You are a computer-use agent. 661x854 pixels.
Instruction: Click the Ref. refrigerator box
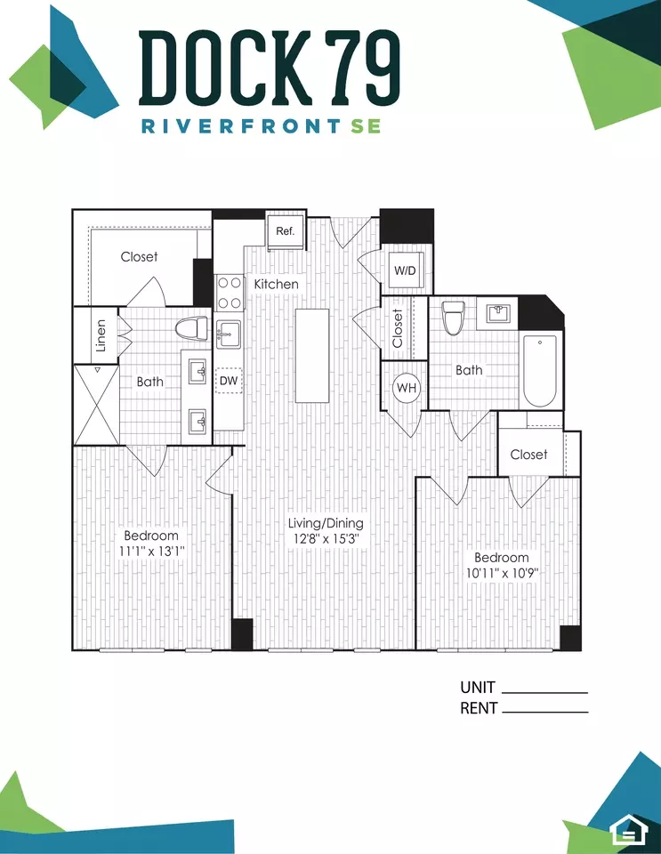click(x=286, y=231)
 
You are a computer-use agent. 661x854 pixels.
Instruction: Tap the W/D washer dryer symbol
click(x=405, y=271)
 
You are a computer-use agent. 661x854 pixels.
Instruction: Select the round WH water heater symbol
click(x=407, y=388)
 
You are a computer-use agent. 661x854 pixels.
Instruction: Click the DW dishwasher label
click(x=229, y=381)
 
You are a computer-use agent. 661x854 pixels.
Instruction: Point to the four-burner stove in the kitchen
click(x=230, y=293)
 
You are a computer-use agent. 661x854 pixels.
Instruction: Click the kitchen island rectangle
click(x=312, y=356)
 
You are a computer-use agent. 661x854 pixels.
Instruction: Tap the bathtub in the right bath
click(x=540, y=371)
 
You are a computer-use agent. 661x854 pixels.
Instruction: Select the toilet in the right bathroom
click(x=453, y=317)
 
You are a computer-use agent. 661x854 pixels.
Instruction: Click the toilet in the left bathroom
click(x=191, y=329)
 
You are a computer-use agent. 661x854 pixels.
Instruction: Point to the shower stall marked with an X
click(x=97, y=405)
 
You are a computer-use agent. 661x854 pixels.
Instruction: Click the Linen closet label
click(x=101, y=335)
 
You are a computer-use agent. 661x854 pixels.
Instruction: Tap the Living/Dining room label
click(x=326, y=523)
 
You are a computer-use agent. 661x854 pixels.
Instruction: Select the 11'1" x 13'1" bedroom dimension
click(x=152, y=552)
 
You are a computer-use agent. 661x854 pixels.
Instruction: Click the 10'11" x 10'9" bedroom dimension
click(x=502, y=573)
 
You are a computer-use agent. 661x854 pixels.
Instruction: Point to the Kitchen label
click(x=276, y=284)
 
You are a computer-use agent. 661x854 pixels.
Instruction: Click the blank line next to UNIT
click(x=544, y=693)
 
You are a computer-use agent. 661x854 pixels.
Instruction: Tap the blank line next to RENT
click(x=544, y=712)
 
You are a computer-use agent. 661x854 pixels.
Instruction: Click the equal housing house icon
click(x=630, y=830)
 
